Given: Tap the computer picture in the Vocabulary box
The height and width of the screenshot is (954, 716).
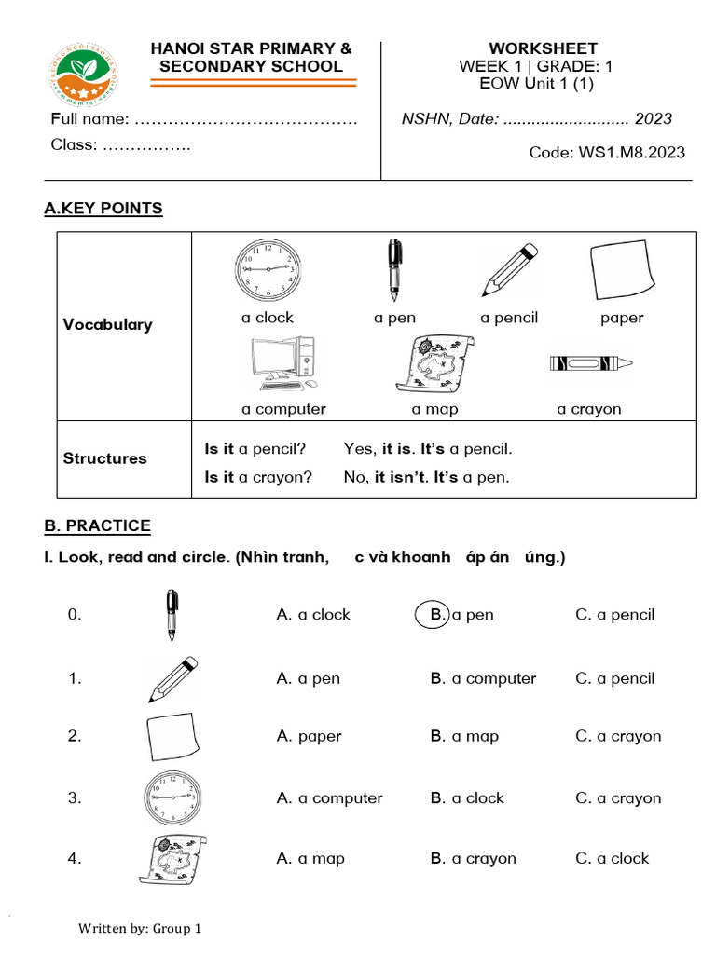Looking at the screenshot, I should pos(283,364).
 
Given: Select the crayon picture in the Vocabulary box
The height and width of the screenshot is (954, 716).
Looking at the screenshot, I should pos(590,362).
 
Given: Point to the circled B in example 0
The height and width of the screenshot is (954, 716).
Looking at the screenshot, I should pos(433,615).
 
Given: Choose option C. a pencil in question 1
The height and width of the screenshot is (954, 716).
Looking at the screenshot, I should pos(614,678).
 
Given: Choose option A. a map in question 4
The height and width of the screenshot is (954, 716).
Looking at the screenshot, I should pos(310,859).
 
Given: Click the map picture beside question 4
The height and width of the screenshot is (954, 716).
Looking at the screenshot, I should pos(172,859).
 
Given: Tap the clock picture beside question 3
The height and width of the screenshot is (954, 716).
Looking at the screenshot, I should pos(172,798).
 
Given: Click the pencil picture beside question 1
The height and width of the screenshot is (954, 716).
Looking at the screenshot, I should pos(172,679).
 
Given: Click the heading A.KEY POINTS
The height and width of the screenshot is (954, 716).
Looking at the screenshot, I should pos(103,209).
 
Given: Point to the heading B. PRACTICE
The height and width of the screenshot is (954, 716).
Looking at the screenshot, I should pos(97,526).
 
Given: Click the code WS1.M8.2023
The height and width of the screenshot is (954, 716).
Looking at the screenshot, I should pos(607,153).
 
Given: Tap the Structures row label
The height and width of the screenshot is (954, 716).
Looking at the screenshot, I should pos(104,458).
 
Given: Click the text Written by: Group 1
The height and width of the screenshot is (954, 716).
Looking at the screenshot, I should pos(140,929).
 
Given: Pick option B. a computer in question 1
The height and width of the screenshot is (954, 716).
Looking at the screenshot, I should pos(483,678).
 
